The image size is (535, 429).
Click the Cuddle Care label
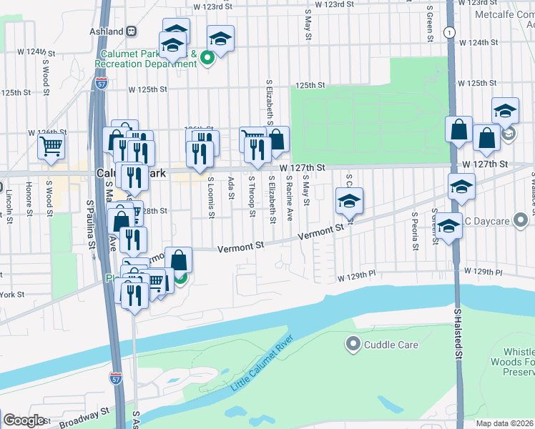[391, 345]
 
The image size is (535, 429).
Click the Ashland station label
[108, 31]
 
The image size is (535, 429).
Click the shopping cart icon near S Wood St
[51, 146]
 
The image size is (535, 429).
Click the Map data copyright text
[505, 423]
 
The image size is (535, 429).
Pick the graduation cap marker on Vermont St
[349, 201]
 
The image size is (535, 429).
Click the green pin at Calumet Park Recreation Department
[207, 59]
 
